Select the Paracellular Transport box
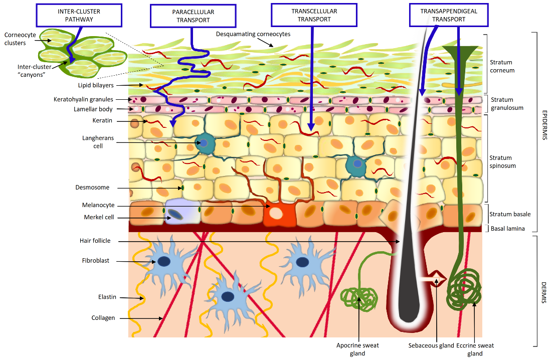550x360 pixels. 193,16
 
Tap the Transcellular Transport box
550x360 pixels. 314,15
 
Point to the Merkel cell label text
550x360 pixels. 99,217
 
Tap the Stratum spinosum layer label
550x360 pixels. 502,161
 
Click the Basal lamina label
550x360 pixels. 507,229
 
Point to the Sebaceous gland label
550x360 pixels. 431,345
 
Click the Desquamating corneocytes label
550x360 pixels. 253,34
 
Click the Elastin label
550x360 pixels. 107,297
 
